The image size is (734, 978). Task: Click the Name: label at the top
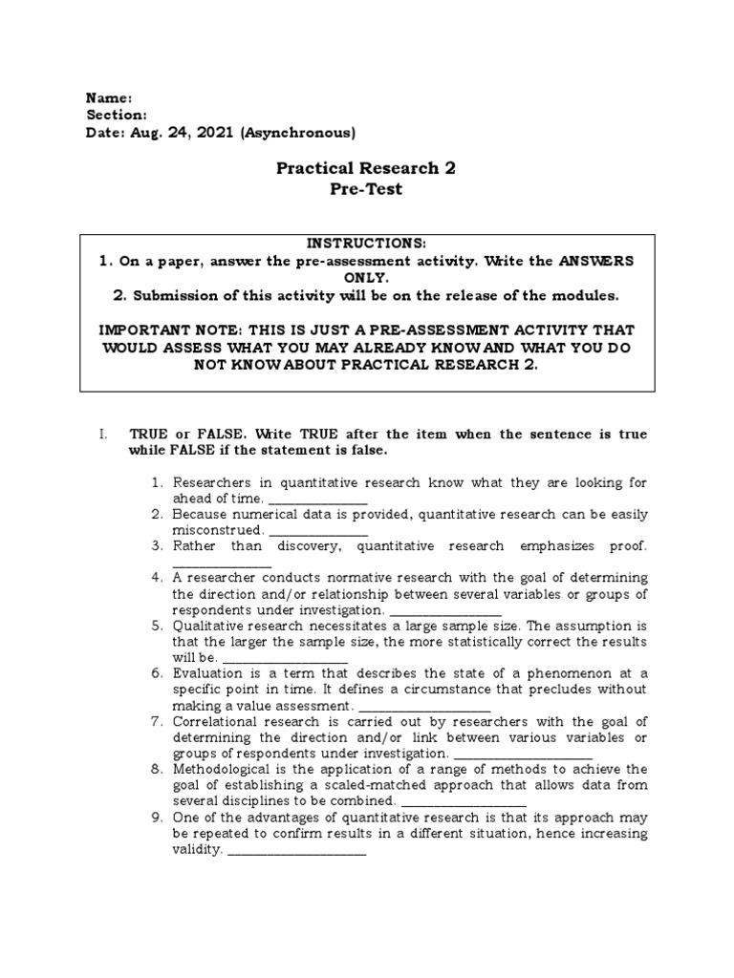(109, 98)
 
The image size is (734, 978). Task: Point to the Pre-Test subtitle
(366, 189)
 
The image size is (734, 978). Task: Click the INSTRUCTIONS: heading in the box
(366, 244)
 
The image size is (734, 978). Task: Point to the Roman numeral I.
(100, 434)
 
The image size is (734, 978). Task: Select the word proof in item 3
(622, 546)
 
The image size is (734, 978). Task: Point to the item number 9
(158, 818)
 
